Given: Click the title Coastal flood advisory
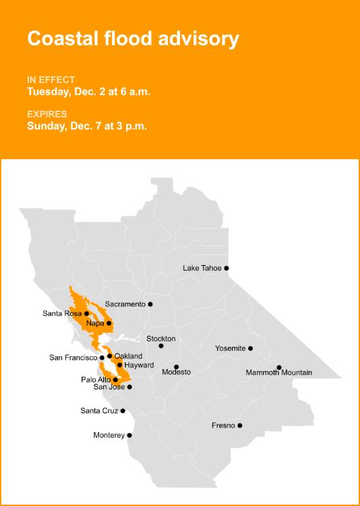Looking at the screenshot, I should click(133, 38).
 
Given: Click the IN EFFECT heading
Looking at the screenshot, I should click(51, 80).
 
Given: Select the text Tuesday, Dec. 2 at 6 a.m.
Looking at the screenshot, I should click(88, 91).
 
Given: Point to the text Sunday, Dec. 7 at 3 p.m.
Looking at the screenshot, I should click(87, 125).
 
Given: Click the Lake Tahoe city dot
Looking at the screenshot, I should click(227, 268).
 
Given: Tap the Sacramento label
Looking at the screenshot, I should click(125, 304).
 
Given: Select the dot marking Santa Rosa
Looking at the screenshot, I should click(86, 313).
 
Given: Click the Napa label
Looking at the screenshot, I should click(95, 323).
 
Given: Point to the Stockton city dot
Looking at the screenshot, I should click(161, 346).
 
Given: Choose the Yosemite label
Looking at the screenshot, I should click(230, 348).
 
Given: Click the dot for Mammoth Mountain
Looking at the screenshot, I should click(279, 368).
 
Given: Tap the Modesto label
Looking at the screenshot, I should click(176, 372).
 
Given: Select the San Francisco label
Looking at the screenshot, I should click(73, 358).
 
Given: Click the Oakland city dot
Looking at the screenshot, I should click(109, 356).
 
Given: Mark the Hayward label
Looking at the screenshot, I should click(140, 365).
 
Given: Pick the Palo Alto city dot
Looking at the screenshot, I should click(115, 380).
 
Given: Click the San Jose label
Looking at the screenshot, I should click(109, 387).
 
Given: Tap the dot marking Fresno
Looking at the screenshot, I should click(240, 426).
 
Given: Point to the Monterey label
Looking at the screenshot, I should click(109, 435).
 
